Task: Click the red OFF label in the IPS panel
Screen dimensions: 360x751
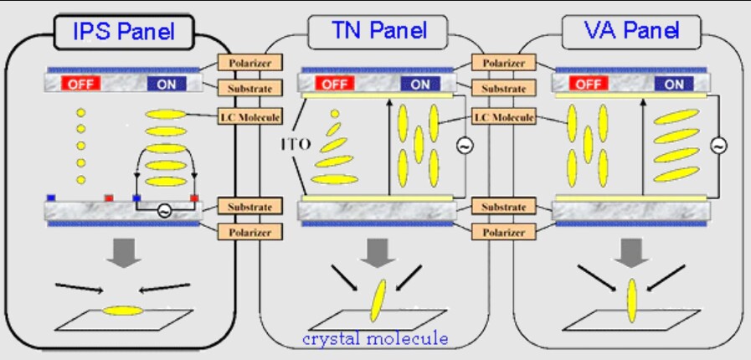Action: (x=80, y=84)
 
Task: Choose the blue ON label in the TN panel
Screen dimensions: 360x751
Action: (x=419, y=84)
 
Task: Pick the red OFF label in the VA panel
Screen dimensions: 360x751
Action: (x=587, y=84)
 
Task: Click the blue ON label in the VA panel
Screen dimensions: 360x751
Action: (x=674, y=84)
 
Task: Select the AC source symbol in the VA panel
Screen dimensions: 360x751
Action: (x=718, y=146)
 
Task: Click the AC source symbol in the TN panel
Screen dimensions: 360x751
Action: (x=462, y=146)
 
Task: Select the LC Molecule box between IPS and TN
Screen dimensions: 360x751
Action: (x=249, y=117)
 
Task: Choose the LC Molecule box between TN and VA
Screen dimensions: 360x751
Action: (x=503, y=117)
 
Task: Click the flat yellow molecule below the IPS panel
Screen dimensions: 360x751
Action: (x=122, y=311)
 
